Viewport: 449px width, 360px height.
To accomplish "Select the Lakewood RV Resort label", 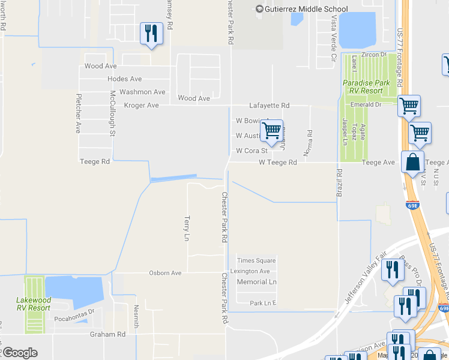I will point(33,304).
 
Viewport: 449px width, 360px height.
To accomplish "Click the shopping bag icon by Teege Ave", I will point(412,161).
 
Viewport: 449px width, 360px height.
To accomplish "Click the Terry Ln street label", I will point(187,229).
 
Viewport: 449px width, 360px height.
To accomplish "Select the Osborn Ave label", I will point(165,273).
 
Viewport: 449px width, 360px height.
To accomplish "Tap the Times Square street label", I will point(256,260).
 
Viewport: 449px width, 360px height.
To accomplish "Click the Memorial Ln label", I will point(256,281).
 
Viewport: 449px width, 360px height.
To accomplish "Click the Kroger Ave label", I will point(141,106).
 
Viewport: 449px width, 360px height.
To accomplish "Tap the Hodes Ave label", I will point(124,79).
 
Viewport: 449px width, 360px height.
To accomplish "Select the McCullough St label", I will point(112,113).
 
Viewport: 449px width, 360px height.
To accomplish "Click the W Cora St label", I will point(252,151).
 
